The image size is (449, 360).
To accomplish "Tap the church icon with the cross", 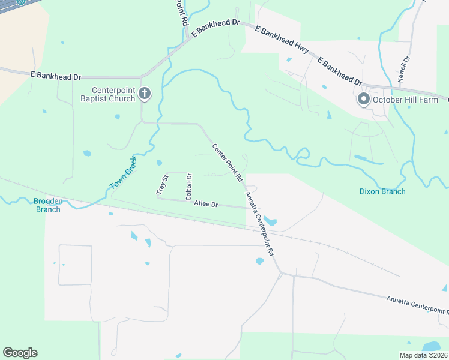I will [x=144, y=94].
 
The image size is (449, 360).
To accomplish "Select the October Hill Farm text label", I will [x=406, y=100].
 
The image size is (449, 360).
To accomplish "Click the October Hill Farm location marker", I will [x=363, y=100].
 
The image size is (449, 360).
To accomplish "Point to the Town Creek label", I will [x=124, y=173].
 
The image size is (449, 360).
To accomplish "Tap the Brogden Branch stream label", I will [x=48, y=205].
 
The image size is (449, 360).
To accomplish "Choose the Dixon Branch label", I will [x=382, y=191].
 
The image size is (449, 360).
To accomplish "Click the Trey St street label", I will [x=161, y=184].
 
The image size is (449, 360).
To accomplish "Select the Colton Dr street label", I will [x=188, y=187].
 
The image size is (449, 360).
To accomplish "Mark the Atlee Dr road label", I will [x=206, y=204].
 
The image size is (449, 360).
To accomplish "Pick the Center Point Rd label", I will [x=227, y=163].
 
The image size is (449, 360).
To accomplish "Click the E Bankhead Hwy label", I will [x=282, y=41].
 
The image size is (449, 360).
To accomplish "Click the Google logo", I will [x=20, y=352].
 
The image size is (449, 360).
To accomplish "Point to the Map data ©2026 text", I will [x=423, y=355].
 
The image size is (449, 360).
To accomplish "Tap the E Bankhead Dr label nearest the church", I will [x=55, y=76].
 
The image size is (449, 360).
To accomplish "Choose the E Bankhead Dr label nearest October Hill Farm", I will [x=340, y=71].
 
